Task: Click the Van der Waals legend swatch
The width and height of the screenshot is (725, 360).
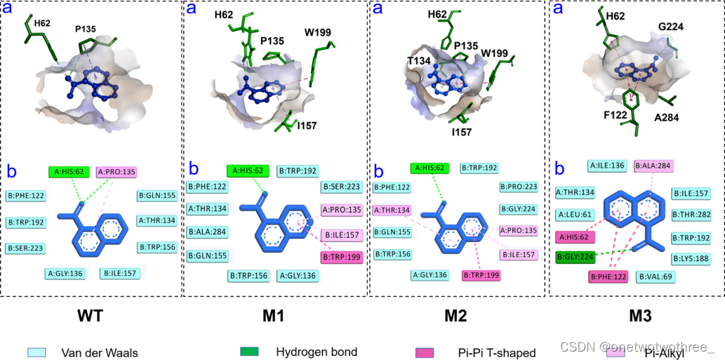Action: point(36,352)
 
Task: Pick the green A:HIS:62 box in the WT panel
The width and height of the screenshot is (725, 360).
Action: point(69,171)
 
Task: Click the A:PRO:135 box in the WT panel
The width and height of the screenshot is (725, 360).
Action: point(116,171)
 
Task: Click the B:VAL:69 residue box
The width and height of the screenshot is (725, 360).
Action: point(656,276)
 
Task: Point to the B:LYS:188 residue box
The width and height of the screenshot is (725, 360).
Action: point(691,258)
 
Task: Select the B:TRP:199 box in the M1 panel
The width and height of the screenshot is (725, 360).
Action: point(341,258)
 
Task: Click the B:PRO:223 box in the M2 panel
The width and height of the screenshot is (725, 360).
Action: point(520,187)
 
